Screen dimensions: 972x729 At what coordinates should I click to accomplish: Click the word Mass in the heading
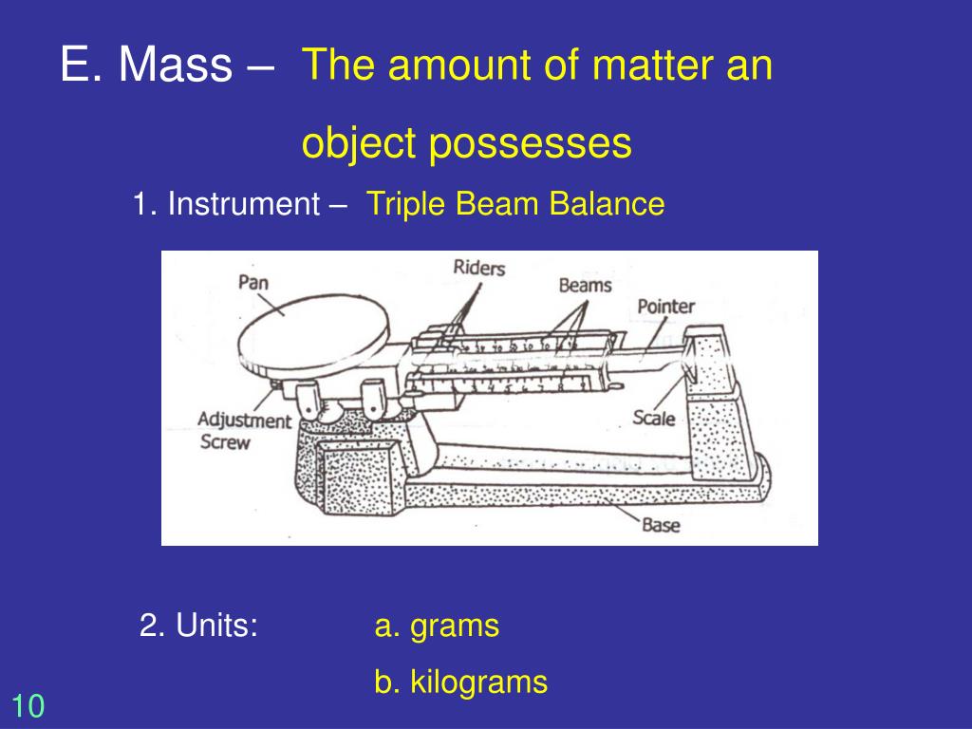175,65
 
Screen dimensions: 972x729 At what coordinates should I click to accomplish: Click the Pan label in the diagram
252,282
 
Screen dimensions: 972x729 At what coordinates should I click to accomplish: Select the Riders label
479,268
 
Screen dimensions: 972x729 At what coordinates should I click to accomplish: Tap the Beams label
585,284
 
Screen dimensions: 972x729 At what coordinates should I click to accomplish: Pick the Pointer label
665,306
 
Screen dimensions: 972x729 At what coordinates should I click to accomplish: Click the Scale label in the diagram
653,417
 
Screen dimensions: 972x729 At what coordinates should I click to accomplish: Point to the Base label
661,525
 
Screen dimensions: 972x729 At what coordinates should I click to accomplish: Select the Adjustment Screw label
244,431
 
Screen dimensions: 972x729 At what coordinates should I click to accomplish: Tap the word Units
216,626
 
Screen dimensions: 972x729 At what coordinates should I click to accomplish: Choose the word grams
455,626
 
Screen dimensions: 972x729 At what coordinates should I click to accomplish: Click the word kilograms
478,682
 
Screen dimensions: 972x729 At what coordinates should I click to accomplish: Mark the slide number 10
28,706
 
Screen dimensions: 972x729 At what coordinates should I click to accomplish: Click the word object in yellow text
359,143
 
